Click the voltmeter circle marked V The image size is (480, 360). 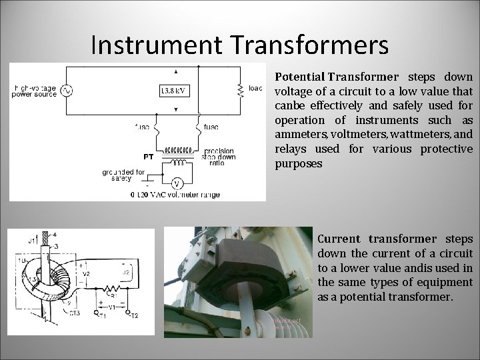[x=177, y=183]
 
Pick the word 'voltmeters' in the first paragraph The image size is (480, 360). [x=351, y=135]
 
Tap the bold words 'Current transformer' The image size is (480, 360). [x=377, y=239]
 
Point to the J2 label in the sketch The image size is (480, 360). [x=127, y=271]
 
